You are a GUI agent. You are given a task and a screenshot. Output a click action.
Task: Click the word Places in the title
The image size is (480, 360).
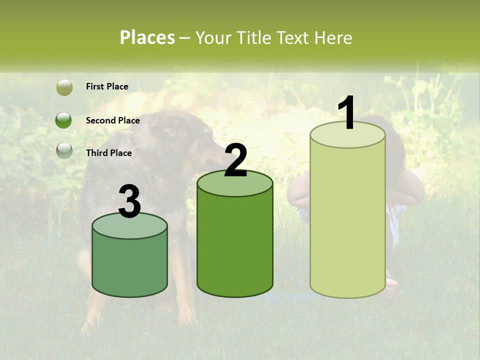pos(147,37)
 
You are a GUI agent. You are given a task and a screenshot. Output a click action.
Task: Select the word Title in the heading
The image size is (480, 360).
pos(252,37)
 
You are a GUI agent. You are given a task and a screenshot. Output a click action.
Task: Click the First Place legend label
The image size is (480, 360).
pos(107,86)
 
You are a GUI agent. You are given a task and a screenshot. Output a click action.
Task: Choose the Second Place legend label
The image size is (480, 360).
pos(112,120)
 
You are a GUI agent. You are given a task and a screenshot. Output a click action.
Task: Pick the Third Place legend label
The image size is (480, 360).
pos(108,153)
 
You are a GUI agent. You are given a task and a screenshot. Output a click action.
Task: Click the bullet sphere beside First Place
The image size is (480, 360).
pos(64,87)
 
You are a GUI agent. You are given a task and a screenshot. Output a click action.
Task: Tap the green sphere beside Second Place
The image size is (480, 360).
pos(64,120)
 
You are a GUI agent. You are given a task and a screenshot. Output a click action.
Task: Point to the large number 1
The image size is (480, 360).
pos(346,113)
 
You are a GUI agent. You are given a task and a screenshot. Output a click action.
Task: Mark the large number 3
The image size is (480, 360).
pos(130,201)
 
